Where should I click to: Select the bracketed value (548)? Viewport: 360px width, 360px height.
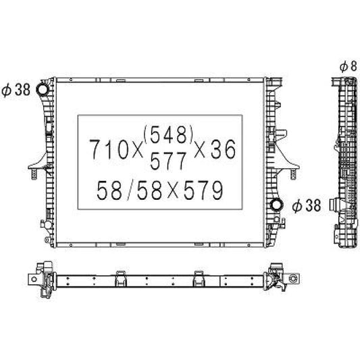click(168, 135)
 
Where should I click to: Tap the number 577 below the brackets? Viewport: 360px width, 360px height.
click(168, 161)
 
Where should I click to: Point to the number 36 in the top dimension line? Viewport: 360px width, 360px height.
click(223, 149)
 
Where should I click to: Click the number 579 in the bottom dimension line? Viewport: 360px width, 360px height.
click(203, 190)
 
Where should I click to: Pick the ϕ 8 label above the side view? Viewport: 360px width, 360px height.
click(349, 66)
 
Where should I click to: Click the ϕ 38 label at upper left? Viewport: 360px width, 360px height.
click(16, 90)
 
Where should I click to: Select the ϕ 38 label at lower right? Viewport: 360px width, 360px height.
click(307, 205)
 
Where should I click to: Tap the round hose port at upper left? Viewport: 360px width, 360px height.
click(43, 90)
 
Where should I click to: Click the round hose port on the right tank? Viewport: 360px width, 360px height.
click(276, 205)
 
